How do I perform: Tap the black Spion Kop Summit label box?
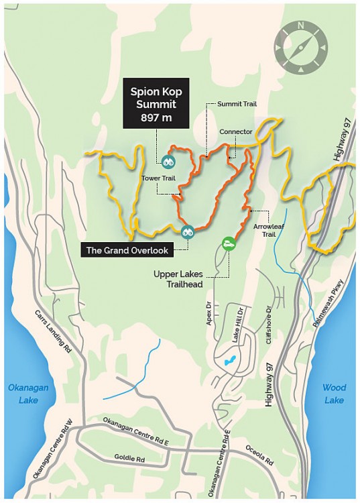point(156,102)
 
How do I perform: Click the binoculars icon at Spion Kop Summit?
point(168,161)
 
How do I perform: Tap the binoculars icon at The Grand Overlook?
point(187,231)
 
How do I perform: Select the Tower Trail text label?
point(156,178)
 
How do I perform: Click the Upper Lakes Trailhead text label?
point(186,280)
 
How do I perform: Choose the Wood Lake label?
point(333,394)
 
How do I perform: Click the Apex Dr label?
point(208,314)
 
